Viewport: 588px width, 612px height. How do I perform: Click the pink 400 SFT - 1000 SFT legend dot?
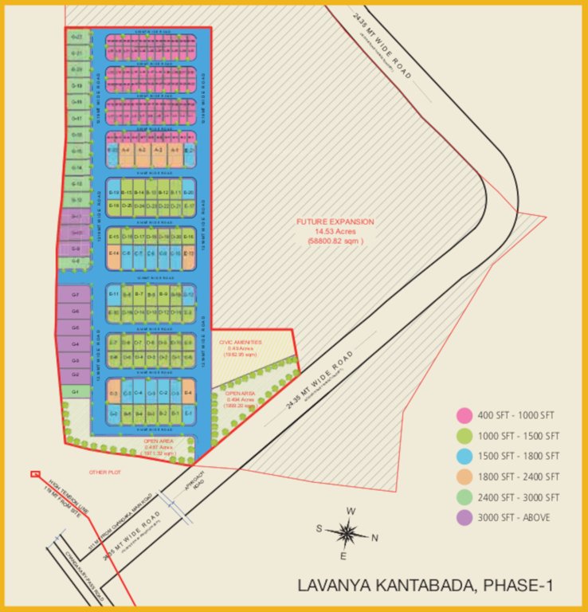point(462,415)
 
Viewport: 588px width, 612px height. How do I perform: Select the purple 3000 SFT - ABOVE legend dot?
point(462,517)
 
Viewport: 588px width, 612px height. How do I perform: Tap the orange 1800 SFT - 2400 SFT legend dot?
point(462,477)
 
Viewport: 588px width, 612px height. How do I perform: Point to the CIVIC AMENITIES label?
point(240,342)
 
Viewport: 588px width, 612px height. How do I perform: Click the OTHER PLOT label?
point(103,472)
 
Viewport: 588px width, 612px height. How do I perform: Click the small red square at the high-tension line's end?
point(34,475)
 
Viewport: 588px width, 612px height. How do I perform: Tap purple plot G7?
point(75,296)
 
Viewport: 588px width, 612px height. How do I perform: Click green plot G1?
point(75,392)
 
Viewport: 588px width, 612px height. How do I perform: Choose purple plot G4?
point(75,344)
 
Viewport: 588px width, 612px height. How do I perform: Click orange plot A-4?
point(126,150)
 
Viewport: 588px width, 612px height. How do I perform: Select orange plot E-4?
point(188,393)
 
